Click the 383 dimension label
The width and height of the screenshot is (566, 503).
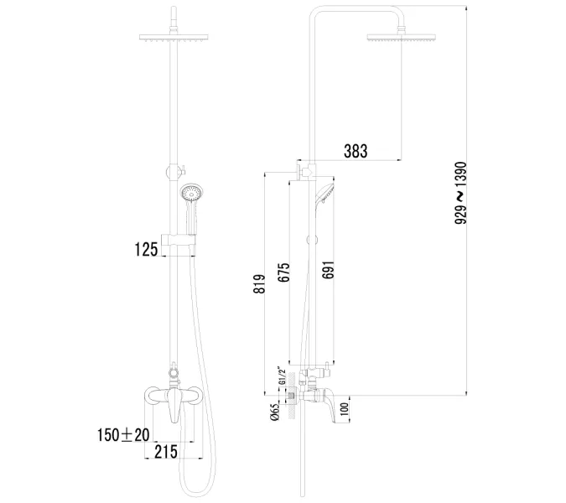click(356, 151)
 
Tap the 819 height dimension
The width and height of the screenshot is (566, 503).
click(259, 284)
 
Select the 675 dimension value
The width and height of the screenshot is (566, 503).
click(283, 272)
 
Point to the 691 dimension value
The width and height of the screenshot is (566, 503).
click(328, 270)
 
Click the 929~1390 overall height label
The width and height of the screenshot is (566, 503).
click(460, 193)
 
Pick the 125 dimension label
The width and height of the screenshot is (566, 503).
click(146, 249)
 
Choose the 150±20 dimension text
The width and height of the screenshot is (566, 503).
click(123, 435)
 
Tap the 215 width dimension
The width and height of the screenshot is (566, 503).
click(166, 452)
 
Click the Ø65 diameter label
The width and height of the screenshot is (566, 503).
click(275, 412)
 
